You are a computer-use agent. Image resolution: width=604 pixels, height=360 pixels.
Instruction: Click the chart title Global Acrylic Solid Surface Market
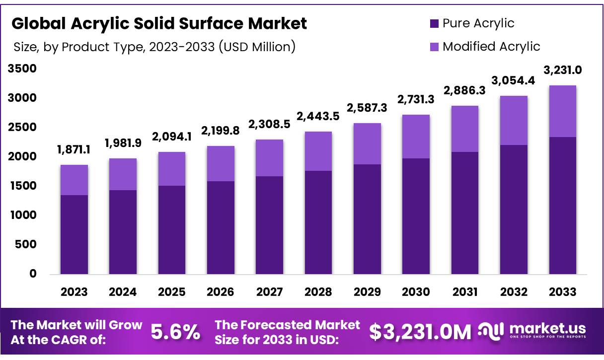coord(159,23)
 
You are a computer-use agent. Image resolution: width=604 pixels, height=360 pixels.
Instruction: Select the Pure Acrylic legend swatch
coord(434,23)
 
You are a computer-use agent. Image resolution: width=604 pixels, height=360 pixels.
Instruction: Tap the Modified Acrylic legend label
coord(491,46)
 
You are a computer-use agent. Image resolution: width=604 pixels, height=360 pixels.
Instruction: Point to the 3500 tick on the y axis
coord(22,69)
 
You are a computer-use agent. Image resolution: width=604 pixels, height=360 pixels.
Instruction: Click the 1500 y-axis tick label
coord(22,186)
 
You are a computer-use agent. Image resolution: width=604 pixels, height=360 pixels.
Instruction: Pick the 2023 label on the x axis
coord(74,291)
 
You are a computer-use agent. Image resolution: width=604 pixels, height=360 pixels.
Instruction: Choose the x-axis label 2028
coord(318,291)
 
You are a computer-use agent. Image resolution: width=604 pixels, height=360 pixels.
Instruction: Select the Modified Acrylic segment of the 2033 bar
coord(563,111)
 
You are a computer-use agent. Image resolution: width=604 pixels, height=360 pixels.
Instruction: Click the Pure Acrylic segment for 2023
coord(74,234)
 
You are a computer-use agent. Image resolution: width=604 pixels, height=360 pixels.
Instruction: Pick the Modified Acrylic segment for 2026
coord(221,163)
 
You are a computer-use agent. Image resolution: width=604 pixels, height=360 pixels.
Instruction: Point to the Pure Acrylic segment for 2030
coord(416,216)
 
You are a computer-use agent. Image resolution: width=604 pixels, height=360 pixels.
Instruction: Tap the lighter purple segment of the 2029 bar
coord(367,144)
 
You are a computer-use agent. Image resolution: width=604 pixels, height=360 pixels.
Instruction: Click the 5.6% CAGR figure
coord(175,332)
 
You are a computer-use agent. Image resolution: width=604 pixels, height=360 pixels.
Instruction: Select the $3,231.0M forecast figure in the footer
coord(420,332)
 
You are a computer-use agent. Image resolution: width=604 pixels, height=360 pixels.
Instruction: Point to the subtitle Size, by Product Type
coord(154,47)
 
